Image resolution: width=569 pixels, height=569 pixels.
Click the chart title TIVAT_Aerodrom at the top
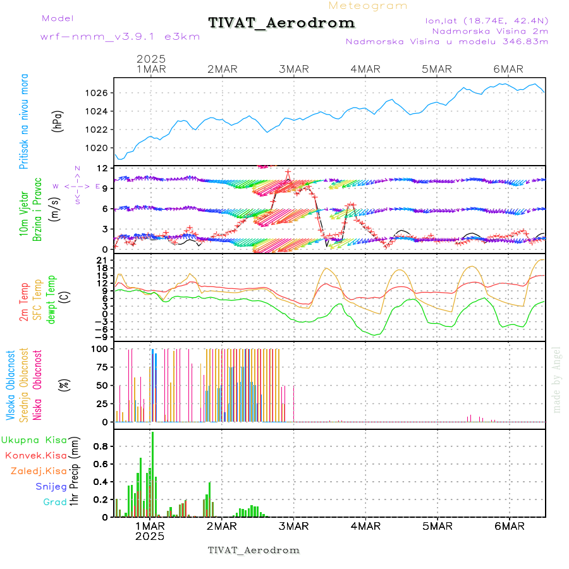[281, 23]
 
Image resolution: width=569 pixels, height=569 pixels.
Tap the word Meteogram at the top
[368, 6]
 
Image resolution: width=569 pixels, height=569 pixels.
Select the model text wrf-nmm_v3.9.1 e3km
[120, 37]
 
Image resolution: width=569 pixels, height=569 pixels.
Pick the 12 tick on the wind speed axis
[102, 168]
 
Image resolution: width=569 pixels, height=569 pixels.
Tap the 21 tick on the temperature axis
[102, 260]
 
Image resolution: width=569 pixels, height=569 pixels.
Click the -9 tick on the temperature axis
[101, 337]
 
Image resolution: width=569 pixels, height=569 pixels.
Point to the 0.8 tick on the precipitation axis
[100, 445]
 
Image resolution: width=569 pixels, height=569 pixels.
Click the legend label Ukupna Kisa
[34, 440]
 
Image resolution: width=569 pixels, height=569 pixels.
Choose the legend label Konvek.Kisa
[35, 455]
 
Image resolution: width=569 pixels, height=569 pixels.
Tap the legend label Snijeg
[51, 486]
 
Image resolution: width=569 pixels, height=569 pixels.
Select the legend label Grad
[54, 502]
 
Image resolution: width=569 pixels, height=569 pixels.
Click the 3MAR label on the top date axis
[293, 69]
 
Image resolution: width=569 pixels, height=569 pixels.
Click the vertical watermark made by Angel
[557, 379]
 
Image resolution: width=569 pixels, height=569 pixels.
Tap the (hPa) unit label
[58, 121]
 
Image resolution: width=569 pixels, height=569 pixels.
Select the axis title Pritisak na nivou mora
[24, 121]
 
